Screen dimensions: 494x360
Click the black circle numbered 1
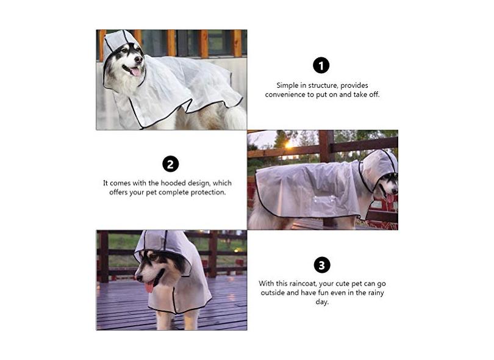pos(321,65)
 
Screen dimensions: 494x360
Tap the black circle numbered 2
pos(170,164)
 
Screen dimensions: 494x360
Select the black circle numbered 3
pos(321,265)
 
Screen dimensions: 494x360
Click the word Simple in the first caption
pos(287,85)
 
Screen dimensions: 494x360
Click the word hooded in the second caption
pos(173,183)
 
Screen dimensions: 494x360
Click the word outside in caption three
pos(273,292)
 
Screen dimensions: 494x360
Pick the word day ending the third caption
pos(321,302)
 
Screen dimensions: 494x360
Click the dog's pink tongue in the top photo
pos(136,72)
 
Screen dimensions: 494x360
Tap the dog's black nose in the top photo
pos(138,59)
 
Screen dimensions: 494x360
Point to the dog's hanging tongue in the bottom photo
pos(149,287)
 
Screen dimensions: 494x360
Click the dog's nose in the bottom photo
pos(138,278)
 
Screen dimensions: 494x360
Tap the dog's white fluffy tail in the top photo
pos(235,117)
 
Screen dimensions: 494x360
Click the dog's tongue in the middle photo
pos(390,198)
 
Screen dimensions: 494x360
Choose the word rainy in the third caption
pos(376,293)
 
